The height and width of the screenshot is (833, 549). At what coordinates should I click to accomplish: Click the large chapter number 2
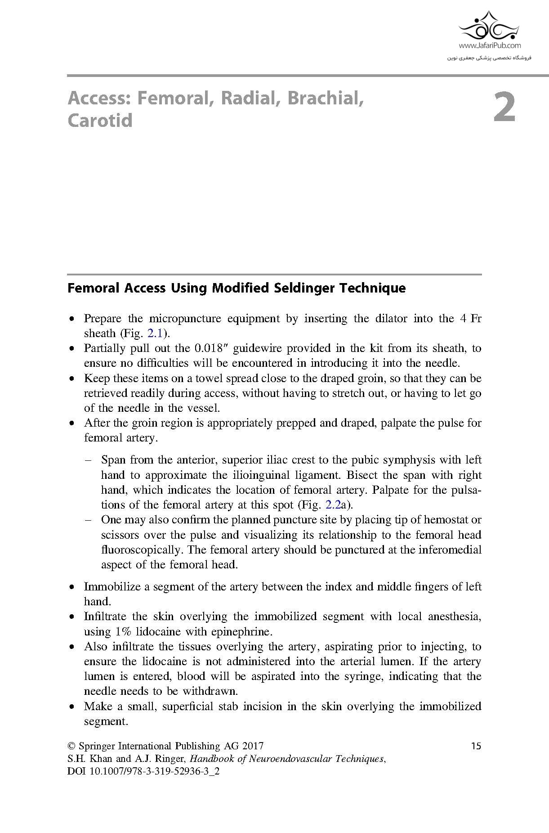click(x=504, y=108)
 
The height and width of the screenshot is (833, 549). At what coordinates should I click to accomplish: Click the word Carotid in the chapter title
click(x=100, y=121)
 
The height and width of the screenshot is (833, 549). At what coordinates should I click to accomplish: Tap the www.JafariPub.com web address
click(x=490, y=45)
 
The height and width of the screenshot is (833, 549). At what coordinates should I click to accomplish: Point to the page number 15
click(x=476, y=746)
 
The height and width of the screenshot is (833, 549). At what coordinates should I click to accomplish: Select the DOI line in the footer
click(x=143, y=771)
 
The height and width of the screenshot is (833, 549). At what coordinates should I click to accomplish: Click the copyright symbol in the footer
click(x=71, y=746)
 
